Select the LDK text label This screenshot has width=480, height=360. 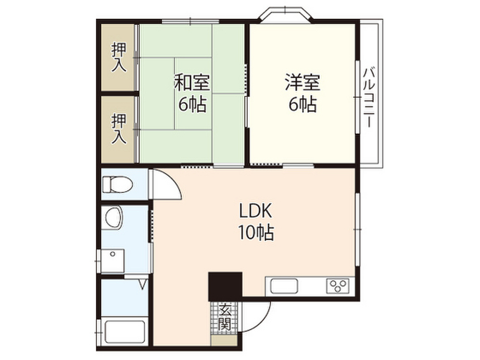256,212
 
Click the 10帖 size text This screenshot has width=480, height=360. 256,233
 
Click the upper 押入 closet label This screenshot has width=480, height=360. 119,57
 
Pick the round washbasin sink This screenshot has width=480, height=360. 113,217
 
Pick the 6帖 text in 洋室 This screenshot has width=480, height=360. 302,104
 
